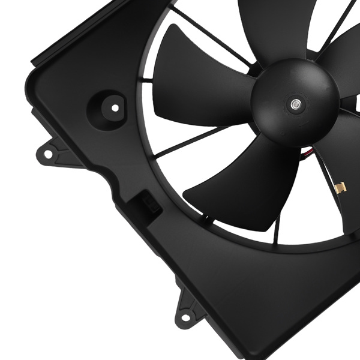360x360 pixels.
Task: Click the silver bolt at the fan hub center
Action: tap(295, 104)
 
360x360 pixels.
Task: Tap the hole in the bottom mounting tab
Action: tap(185, 317)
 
